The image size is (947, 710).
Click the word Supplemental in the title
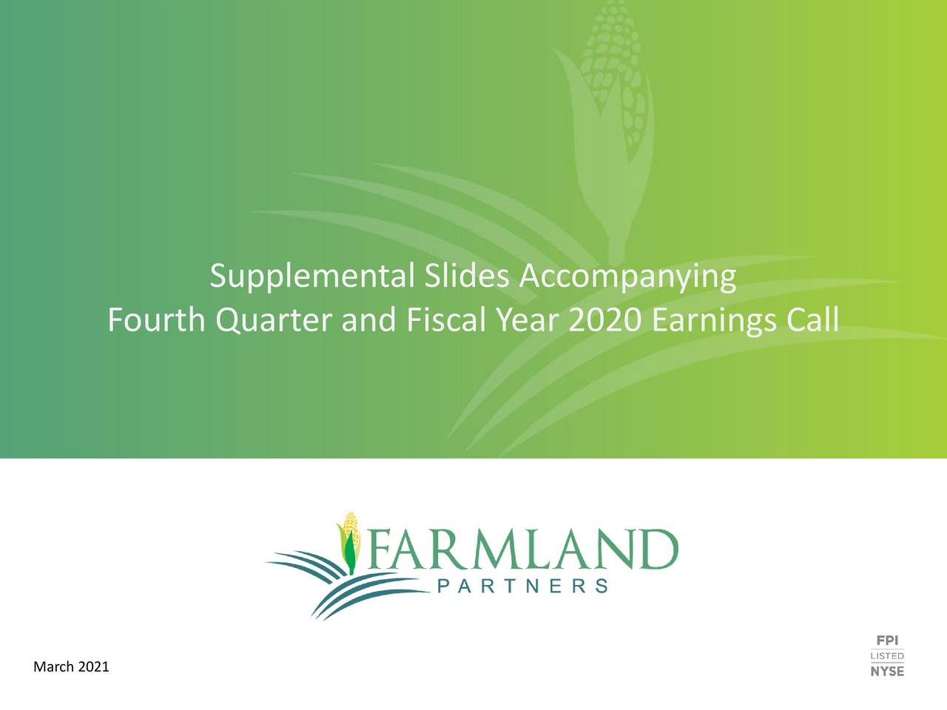[311, 277]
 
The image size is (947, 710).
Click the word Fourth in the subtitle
[156, 320]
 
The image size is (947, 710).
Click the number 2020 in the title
[605, 320]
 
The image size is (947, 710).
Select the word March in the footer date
[54, 667]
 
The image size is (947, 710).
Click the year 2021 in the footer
[93, 667]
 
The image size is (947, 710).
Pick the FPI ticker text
[887, 640]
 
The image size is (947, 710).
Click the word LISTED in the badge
[887, 656]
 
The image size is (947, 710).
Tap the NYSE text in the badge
[887, 672]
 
